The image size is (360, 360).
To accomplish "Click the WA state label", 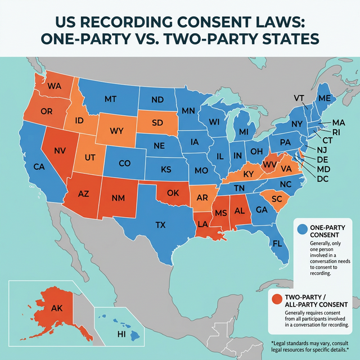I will point(55,87).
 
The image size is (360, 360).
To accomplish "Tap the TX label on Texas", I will point(161,225).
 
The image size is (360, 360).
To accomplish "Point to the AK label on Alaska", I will point(57,308).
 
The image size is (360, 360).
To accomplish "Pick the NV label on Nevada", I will point(60,151).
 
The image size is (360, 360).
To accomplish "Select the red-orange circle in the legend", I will point(276,299).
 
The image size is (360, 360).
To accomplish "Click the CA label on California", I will point(39,166).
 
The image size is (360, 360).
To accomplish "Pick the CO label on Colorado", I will point(124,164).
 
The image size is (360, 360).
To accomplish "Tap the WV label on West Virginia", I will point(270,164).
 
